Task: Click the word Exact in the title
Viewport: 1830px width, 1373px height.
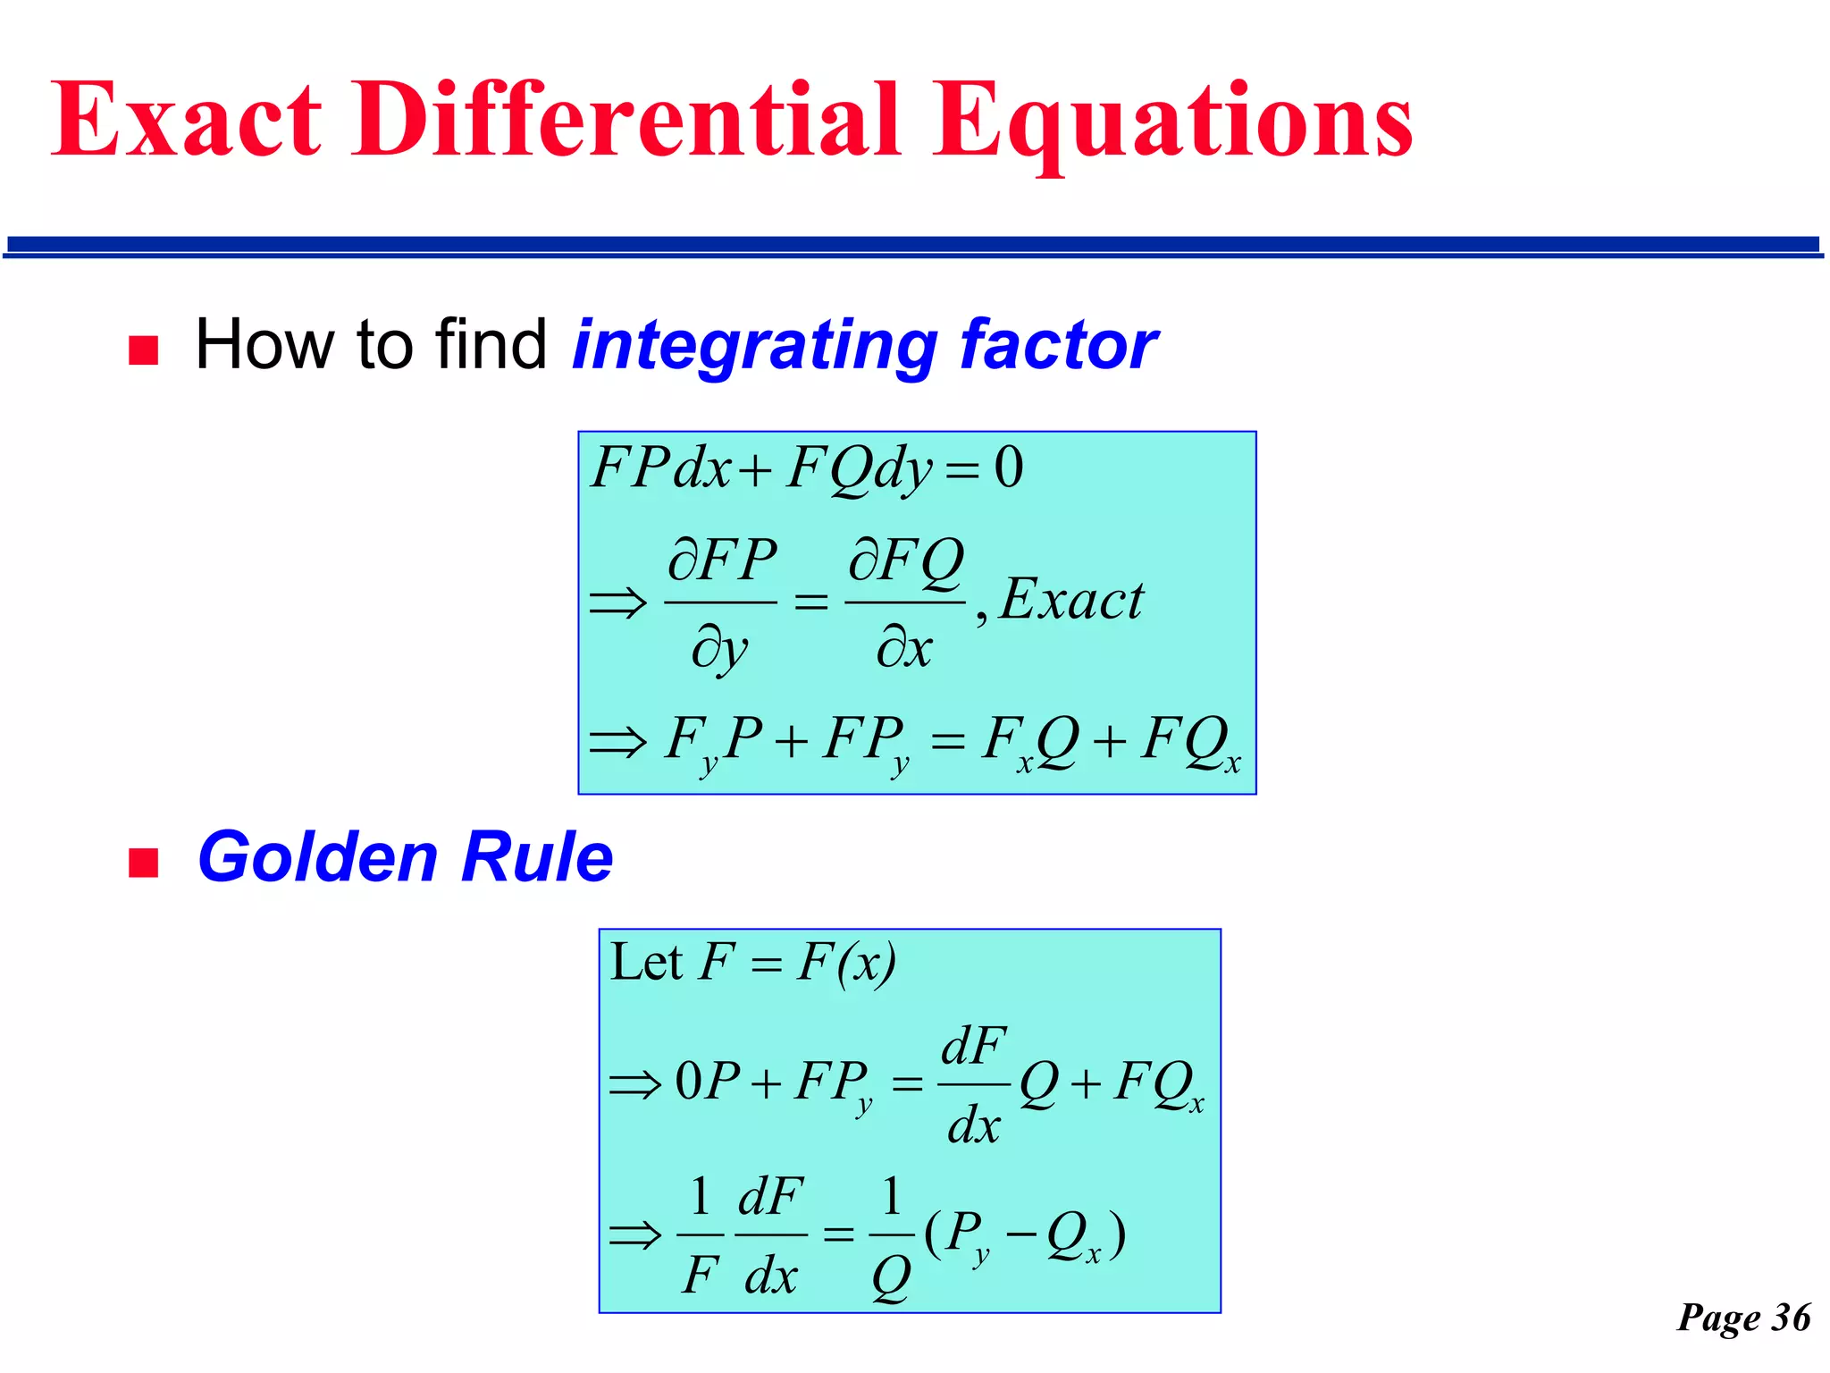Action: click(186, 121)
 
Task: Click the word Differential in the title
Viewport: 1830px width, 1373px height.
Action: click(625, 121)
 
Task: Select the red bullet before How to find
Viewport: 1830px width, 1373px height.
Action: click(143, 350)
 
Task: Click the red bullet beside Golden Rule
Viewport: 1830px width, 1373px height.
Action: click(143, 863)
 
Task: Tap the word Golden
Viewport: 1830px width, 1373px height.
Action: click(317, 858)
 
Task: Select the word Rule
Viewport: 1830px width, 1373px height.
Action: click(537, 858)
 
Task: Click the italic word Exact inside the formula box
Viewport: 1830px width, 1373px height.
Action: click(1070, 600)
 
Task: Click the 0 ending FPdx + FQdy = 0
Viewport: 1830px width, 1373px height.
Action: click(1009, 467)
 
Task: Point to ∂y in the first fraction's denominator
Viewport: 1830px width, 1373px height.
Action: click(720, 649)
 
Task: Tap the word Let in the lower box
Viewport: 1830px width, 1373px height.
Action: click(646, 964)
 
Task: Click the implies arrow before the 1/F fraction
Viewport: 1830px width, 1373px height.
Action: click(635, 1236)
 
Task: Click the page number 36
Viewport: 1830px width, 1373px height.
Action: click(1791, 1318)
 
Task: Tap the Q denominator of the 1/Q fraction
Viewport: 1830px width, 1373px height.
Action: click(891, 1277)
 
